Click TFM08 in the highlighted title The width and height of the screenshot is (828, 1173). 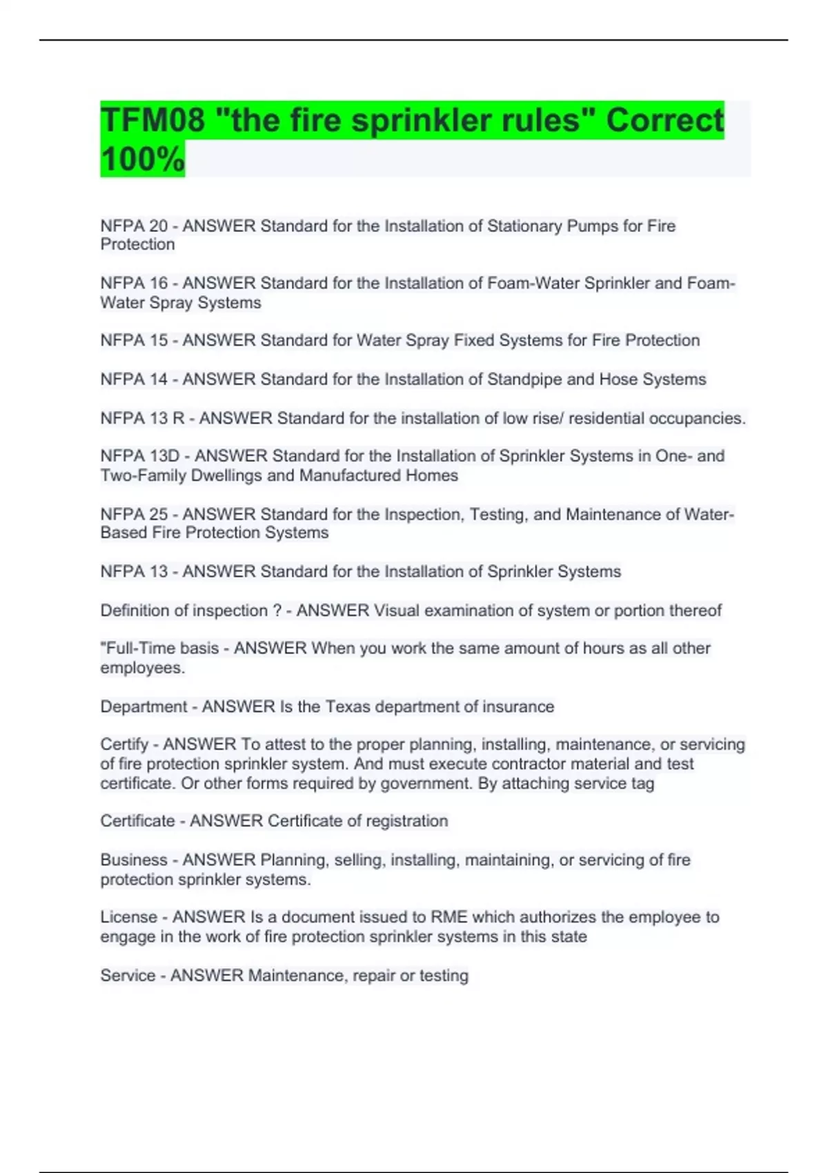point(152,120)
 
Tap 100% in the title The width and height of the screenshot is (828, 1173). point(142,159)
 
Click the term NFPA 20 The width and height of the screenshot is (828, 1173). point(134,226)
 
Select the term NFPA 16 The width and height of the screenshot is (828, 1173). point(134,283)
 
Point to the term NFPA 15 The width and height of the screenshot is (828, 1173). point(134,340)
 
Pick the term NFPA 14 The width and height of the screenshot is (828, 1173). point(134,379)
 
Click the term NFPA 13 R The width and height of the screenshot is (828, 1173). point(142,418)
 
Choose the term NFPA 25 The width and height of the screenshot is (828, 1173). point(134,514)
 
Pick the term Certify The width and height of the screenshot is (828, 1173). point(124,745)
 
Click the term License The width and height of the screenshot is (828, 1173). point(128,917)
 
